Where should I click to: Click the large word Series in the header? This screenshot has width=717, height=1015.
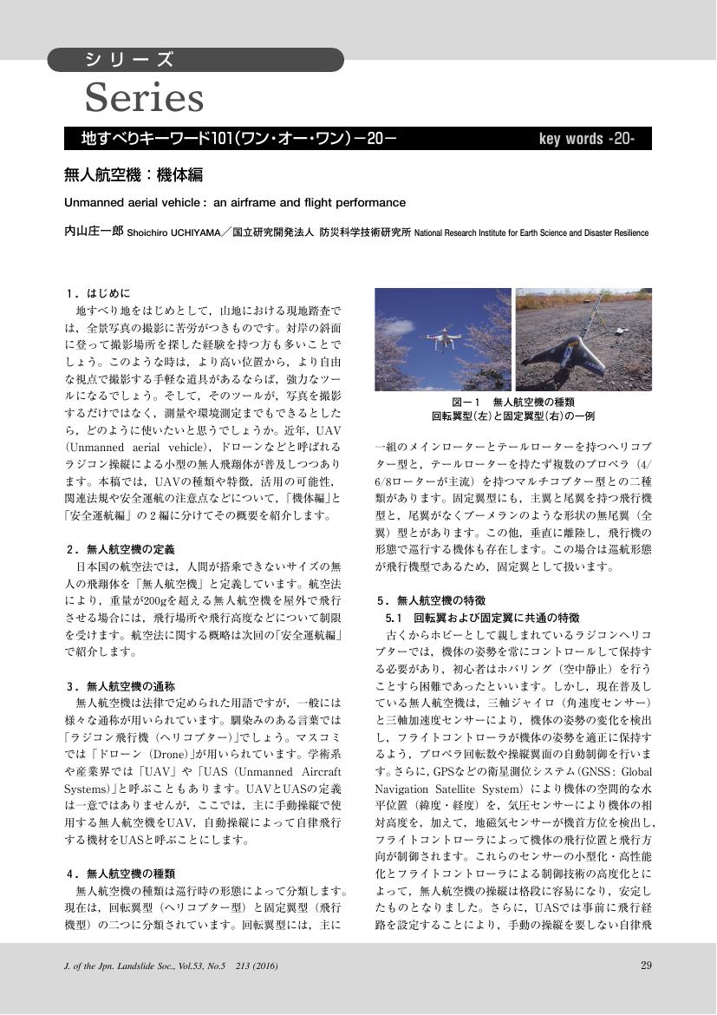coord(144,98)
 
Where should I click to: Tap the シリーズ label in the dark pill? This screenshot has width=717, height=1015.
coord(129,60)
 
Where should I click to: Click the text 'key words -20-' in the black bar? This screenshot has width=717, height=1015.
coord(587,139)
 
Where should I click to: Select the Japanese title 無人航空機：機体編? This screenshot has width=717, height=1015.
coord(134,174)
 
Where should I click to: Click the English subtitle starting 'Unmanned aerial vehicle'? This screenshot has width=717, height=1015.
coord(235,203)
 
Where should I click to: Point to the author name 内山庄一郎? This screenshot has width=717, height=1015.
coord(94,232)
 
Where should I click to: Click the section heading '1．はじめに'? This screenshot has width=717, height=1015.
coord(97,293)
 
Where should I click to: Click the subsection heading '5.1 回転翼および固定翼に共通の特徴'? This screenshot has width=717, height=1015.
coord(482,618)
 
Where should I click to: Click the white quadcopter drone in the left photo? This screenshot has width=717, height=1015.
coord(442,339)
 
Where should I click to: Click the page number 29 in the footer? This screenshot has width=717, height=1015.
coord(646,966)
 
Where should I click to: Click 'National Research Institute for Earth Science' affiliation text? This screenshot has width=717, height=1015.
coord(531,233)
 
